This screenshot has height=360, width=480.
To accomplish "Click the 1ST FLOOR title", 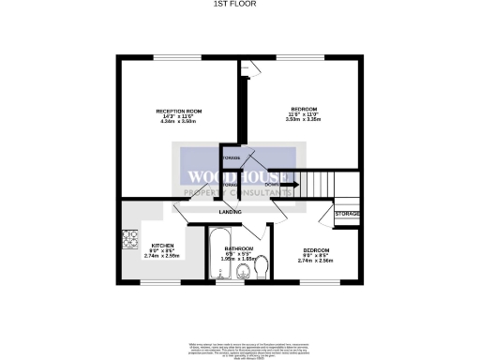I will pos(239,5).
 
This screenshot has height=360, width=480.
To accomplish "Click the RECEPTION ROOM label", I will pos(180,112).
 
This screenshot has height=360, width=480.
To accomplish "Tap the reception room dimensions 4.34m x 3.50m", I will pos(180,122).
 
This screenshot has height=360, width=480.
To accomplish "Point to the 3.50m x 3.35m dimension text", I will pos(304,119).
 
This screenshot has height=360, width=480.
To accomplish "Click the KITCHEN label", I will pos(152,243).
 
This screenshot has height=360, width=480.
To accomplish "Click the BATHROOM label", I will pos(239,247).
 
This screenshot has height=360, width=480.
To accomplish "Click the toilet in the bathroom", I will pos(262,270).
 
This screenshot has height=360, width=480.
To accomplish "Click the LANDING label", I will pos(230,212).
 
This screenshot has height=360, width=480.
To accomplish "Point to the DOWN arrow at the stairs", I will pos(286,185).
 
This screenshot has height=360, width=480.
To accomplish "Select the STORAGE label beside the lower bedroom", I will pos(347,215).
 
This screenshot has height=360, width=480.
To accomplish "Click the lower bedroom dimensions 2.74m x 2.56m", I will pos(315,260).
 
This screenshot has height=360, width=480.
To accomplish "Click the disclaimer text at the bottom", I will pos(240,342).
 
